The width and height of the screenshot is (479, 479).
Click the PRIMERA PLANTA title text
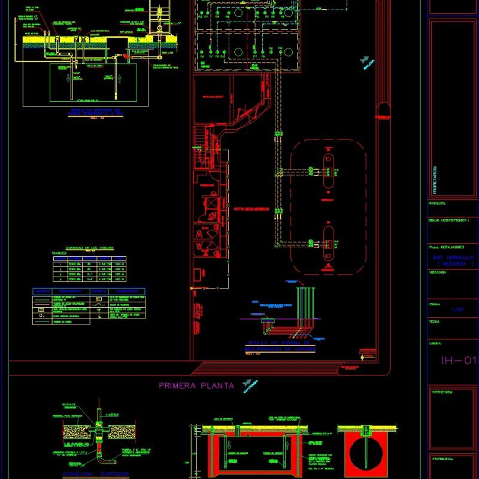click(196, 386)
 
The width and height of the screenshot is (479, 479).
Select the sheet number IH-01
click(458, 360)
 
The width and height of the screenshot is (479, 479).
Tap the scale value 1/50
click(457, 309)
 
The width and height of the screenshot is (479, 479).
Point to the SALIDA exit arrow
click(366, 61)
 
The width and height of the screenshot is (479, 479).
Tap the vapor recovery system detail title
click(280, 346)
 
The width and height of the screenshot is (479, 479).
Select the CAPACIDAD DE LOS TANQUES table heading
click(90, 248)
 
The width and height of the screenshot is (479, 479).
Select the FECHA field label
click(435, 322)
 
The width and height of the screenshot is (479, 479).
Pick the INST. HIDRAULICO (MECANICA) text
click(453, 260)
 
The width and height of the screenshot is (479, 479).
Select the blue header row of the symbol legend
click(88, 292)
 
